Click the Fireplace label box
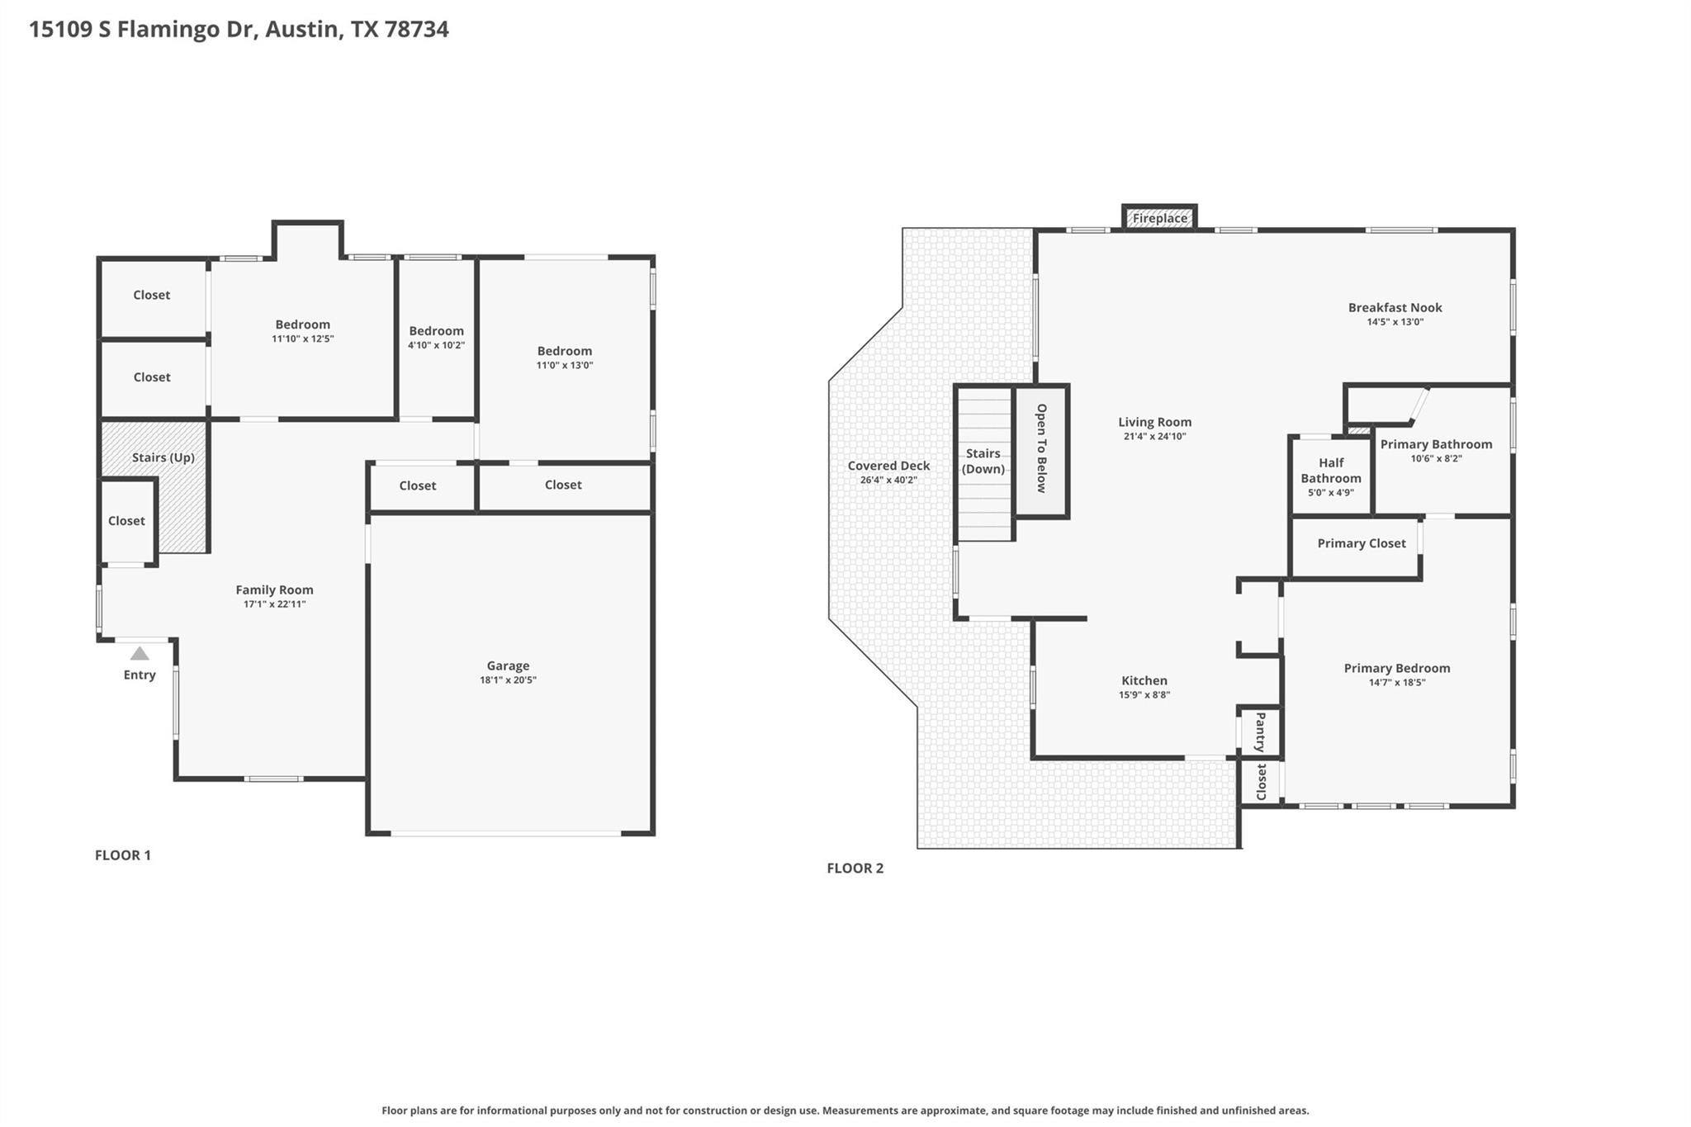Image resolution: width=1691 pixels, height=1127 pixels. coord(1159,219)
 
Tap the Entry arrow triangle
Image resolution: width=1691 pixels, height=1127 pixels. coord(140,654)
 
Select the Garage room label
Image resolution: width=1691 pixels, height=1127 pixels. coord(508,665)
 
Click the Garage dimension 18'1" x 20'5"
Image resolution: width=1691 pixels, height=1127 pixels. coord(508,680)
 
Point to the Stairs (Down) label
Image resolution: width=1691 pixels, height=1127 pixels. coord(983,461)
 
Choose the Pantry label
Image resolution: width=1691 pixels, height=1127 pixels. coord(1260,732)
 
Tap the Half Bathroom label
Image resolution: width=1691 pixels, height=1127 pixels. coord(1331,471)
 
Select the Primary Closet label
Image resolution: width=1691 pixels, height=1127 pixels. coord(1361,543)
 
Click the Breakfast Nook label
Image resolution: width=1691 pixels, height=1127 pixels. coord(1395,308)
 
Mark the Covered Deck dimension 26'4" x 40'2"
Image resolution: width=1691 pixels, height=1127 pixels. coord(888,481)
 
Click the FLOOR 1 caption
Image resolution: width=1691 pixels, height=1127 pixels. coord(123,855)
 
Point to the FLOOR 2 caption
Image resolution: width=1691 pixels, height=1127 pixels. coord(855,869)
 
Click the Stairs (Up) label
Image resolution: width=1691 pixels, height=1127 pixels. coord(163,457)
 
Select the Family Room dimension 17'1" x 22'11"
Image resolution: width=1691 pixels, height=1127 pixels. coord(275,604)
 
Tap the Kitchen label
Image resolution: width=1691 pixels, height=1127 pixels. coord(1144,680)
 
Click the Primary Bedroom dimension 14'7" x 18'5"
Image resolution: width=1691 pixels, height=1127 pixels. coord(1396,683)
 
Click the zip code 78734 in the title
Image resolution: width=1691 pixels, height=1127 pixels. coord(416,30)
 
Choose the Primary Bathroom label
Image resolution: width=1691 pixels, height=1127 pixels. coord(1436,444)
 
